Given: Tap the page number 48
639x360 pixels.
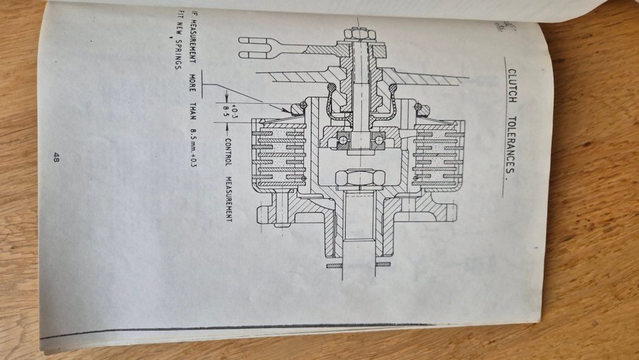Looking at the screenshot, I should click(x=55, y=158).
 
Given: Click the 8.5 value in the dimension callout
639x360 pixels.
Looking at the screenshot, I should click(x=227, y=109).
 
